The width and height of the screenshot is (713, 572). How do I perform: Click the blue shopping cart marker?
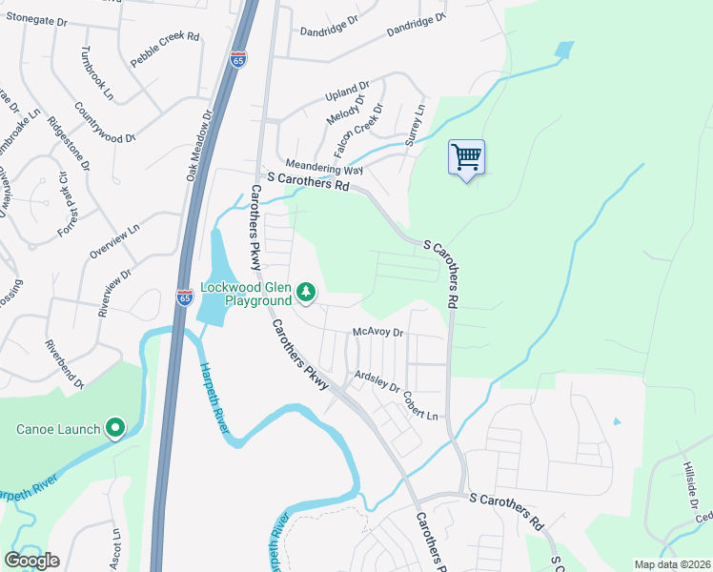coord(466,157)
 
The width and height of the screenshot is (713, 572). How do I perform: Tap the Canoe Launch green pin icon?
coord(115,429)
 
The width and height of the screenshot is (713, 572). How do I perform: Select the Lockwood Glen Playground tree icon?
coord(305,292)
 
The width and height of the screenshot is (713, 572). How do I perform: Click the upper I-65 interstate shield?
coord(238,60)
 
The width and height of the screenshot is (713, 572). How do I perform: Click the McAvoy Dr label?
coord(378,333)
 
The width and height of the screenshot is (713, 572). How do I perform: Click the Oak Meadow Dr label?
coord(198,144)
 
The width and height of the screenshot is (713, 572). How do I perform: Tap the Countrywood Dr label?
coord(105,124)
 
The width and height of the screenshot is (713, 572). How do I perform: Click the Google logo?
coord(32,561)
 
